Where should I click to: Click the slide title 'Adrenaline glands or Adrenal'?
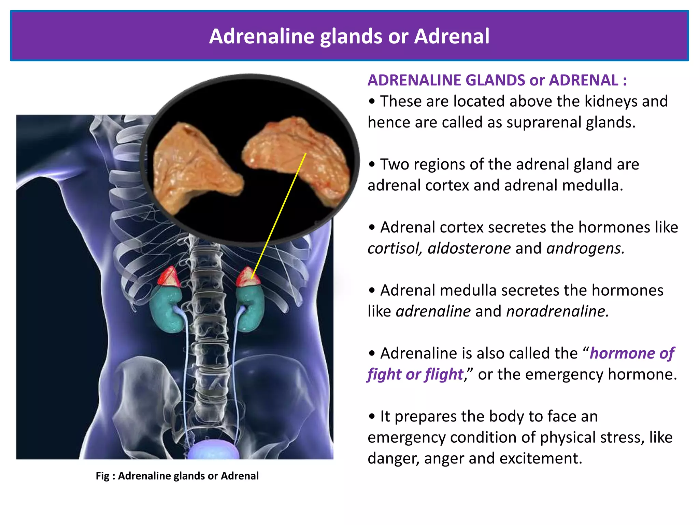349,36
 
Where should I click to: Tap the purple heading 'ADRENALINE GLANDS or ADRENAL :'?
497,80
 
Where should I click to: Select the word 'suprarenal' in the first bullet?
543,122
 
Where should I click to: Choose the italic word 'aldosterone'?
469,248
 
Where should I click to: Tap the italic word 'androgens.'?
585,248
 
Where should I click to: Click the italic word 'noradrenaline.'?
557,311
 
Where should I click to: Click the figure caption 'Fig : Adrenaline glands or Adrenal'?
177,476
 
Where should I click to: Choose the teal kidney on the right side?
251,308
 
